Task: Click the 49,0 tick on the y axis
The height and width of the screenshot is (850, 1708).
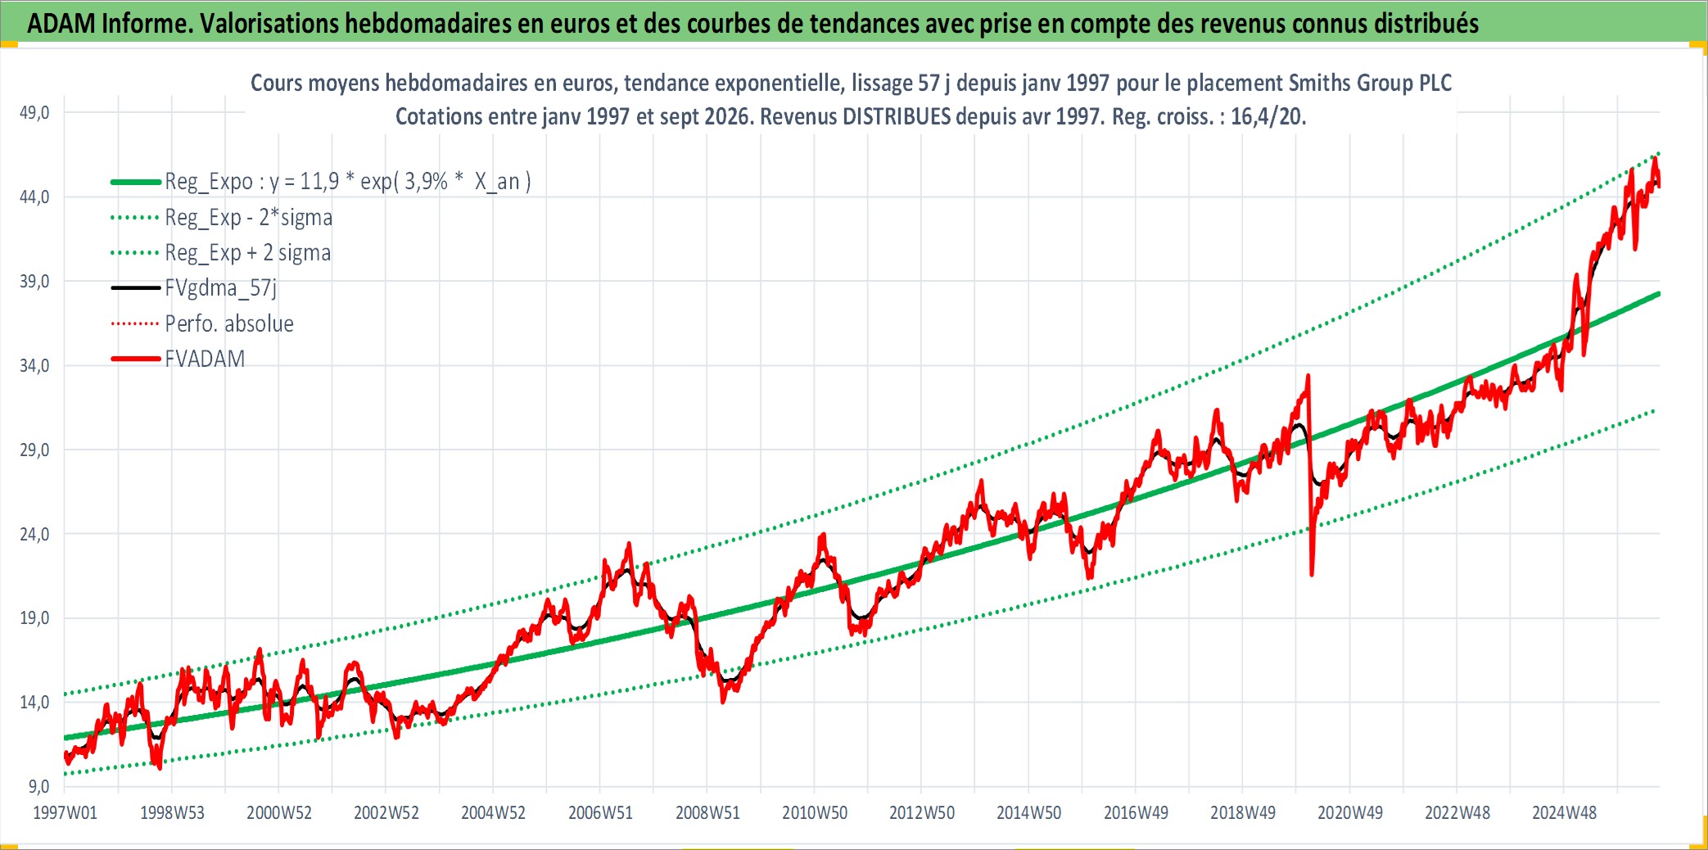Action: (34, 112)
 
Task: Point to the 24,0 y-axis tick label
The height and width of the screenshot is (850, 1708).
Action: (34, 534)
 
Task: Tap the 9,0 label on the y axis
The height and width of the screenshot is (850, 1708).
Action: (39, 786)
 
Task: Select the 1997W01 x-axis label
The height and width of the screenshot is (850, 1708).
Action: (65, 812)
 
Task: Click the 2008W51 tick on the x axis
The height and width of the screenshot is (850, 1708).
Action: (707, 812)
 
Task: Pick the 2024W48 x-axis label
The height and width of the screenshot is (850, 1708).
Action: (1564, 812)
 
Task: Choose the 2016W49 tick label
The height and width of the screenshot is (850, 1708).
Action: (1136, 812)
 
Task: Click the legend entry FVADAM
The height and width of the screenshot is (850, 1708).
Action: (205, 359)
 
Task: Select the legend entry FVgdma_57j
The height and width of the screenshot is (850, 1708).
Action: (221, 288)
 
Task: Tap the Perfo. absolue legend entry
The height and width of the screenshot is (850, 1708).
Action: (229, 323)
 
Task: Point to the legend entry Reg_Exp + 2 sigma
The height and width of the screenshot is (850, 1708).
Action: (248, 252)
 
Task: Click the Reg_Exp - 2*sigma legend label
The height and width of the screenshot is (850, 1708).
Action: (249, 217)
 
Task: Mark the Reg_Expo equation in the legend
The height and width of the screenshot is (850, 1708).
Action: (348, 181)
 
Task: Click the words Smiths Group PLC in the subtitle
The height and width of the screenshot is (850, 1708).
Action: (1370, 83)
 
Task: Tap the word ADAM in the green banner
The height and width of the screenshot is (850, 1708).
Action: (61, 23)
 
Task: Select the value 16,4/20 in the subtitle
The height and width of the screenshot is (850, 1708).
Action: (1267, 116)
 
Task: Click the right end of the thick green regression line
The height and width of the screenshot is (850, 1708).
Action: (1659, 293)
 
